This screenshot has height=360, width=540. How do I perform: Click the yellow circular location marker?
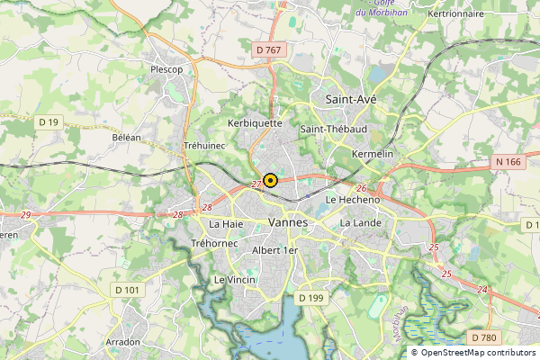(270, 180)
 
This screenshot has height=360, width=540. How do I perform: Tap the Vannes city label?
(288, 222)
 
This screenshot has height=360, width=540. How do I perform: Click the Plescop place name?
(166, 68)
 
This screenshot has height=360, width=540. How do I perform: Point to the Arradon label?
(123, 342)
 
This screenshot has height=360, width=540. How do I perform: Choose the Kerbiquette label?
(256, 123)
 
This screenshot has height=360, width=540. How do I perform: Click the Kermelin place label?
(374, 155)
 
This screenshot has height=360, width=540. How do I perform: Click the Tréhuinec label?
(204, 145)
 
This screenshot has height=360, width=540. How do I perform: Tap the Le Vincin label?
(234, 280)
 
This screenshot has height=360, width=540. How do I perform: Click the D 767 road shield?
(267, 50)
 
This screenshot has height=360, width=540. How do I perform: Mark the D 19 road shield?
(49, 121)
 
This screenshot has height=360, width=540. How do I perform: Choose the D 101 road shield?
(129, 290)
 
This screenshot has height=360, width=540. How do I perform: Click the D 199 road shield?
(310, 298)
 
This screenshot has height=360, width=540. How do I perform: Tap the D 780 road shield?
(483, 337)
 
